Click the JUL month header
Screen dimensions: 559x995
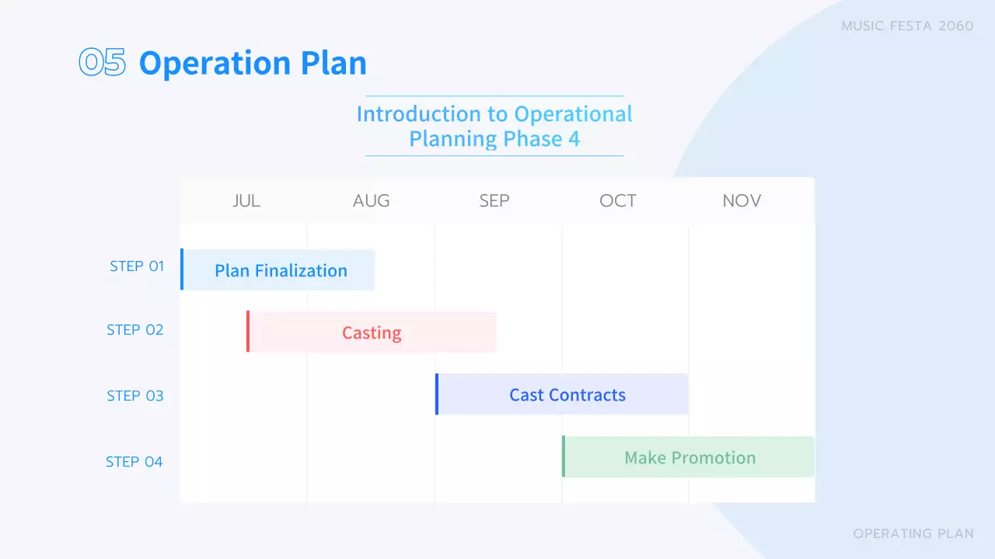click(246, 200)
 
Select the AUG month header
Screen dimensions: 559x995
click(371, 200)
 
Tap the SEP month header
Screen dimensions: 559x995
click(494, 200)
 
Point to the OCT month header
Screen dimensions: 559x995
click(618, 200)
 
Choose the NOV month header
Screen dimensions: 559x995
click(742, 200)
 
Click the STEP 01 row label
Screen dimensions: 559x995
click(137, 266)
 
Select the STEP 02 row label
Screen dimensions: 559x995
click(135, 330)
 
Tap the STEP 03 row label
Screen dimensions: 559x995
click(135, 396)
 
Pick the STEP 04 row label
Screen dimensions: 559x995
click(134, 462)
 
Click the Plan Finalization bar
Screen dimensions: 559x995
click(280, 270)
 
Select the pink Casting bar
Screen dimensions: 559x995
click(372, 332)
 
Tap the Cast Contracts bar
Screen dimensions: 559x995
click(567, 394)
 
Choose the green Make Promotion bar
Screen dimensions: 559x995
click(690, 457)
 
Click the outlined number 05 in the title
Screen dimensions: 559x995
click(103, 63)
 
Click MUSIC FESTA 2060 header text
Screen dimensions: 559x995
click(907, 26)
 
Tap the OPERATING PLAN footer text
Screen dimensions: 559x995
click(913, 533)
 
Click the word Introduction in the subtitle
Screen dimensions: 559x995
click(418, 114)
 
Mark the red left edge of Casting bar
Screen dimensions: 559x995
click(248, 332)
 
